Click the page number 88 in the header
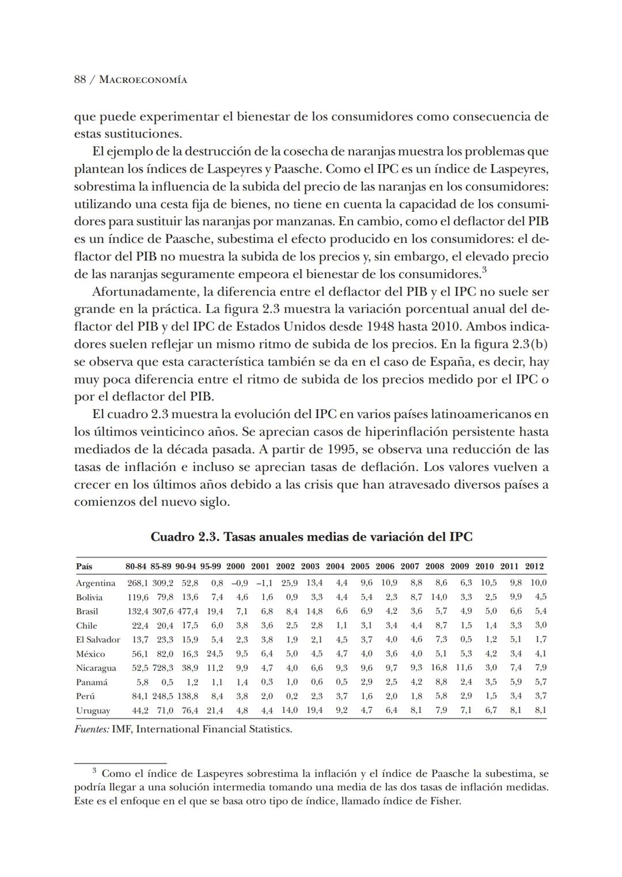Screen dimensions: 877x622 click(x=80, y=79)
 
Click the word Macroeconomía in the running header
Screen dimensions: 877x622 click(x=143, y=80)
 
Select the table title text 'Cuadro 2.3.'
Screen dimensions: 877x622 click(x=184, y=537)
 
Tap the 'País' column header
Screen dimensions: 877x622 click(x=84, y=566)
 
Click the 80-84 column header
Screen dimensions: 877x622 click(x=136, y=566)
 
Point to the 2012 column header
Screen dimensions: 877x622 click(x=534, y=566)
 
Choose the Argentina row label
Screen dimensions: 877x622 click(x=96, y=583)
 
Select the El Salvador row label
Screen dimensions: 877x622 click(x=98, y=640)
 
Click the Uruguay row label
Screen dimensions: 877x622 click(x=93, y=711)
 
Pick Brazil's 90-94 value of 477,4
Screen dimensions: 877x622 click(x=187, y=612)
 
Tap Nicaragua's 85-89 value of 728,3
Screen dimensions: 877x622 click(x=162, y=668)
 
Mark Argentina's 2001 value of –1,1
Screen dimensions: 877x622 click(x=262, y=583)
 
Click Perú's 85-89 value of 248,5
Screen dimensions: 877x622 click(x=162, y=696)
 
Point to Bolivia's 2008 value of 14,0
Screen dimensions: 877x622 click(x=438, y=597)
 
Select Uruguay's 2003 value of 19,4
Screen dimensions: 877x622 click(x=314, y=711)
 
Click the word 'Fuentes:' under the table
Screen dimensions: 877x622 click(x=92, y=730)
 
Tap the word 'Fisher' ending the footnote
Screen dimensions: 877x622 click(x=446, y=801)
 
